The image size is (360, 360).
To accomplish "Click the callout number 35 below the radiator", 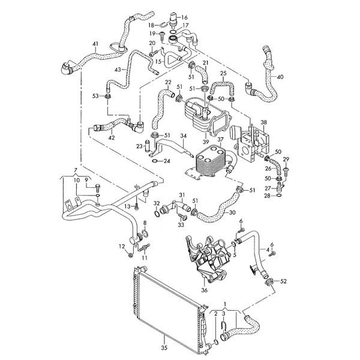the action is pyautogui.click(x=164, y=348).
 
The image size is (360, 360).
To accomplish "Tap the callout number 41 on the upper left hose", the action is pyautogui.click(x=95, y=44).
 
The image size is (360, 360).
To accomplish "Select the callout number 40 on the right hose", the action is pyautogui.click(x=280, y=77).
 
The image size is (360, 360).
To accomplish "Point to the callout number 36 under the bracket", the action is pyautogui.click(x=204, y=290).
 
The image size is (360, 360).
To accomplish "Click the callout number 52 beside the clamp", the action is pyautogui.click(x=284, y=281).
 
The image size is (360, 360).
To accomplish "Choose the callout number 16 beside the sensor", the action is pyautogui.click(x=184, y=17).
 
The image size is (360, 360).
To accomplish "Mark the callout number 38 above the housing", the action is pyautogui.click(x=264, y=122).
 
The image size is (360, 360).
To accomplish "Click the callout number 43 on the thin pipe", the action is pyautogui.click(x=118, y=70).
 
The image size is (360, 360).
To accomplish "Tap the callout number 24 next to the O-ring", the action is pyautogui.click(x=167, y=161).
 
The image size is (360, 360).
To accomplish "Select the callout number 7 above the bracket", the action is pyautogui.click(x=75, y=170).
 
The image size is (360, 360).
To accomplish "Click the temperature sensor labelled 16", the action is pyautogui.click(x=173, y=19).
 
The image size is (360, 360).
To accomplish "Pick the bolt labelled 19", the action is pyautogui.click(x=162, y=35).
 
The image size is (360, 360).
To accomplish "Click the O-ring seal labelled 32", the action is pyautogui.click(x=157, y=214).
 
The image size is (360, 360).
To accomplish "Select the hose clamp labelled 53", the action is pyautogui.click(x=107, y=97).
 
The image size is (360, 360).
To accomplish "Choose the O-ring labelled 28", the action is pyautogui.click(x=278, y=196).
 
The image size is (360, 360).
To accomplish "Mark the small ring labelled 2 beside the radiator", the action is pyautogui.click(x=215, y=343).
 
